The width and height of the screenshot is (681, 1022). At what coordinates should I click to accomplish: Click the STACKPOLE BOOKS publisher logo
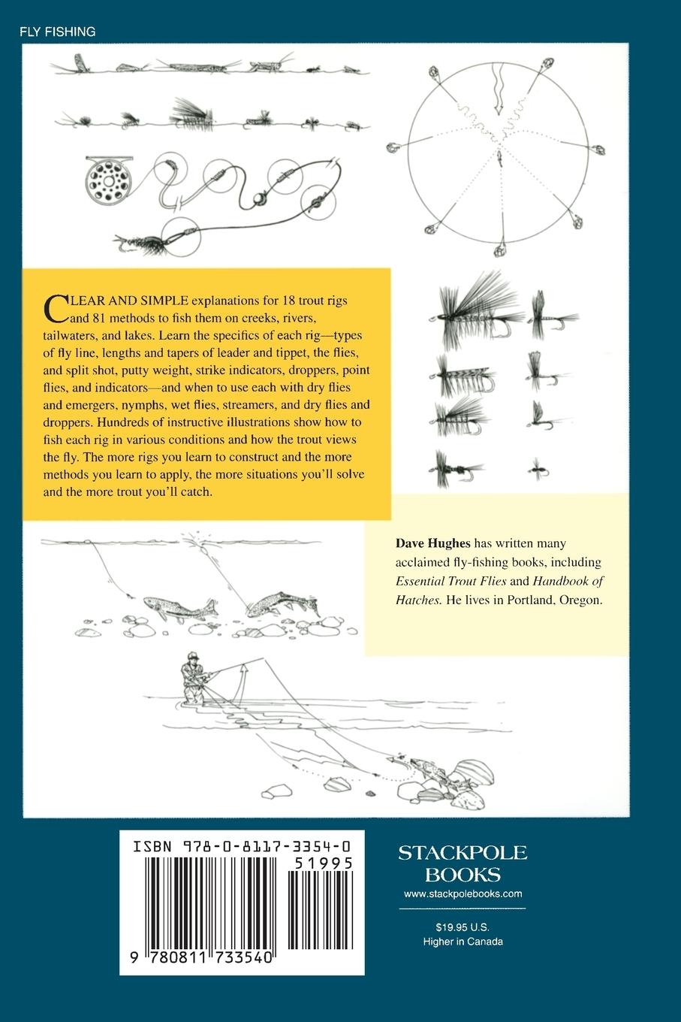463,863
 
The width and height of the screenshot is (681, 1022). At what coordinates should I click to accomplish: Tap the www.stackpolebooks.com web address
463,893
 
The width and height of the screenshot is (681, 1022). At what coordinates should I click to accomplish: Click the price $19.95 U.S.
463,927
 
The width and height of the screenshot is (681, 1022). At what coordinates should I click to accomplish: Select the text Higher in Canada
463,942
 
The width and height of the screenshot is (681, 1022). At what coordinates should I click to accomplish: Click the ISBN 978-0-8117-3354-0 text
241,847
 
